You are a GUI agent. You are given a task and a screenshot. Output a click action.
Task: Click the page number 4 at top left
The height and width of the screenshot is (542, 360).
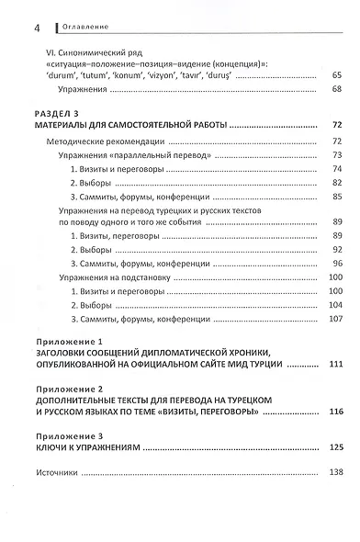click(x=36, y=28)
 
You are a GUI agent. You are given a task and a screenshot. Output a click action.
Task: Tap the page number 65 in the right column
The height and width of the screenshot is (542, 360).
click(x=336, y=73)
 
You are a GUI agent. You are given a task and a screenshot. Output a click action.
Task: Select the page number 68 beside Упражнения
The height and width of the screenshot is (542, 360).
click(x=336, y=89)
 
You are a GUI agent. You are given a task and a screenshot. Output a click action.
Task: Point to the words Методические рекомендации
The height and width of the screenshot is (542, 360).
click(x=105, y=141)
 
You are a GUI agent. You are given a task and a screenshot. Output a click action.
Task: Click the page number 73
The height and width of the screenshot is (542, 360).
click(x=336, y=156)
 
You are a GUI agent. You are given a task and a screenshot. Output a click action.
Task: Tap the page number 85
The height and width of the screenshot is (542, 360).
click(x=336, y=198)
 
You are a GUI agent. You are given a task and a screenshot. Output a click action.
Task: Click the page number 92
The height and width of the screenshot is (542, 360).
click(x=336, y=250)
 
